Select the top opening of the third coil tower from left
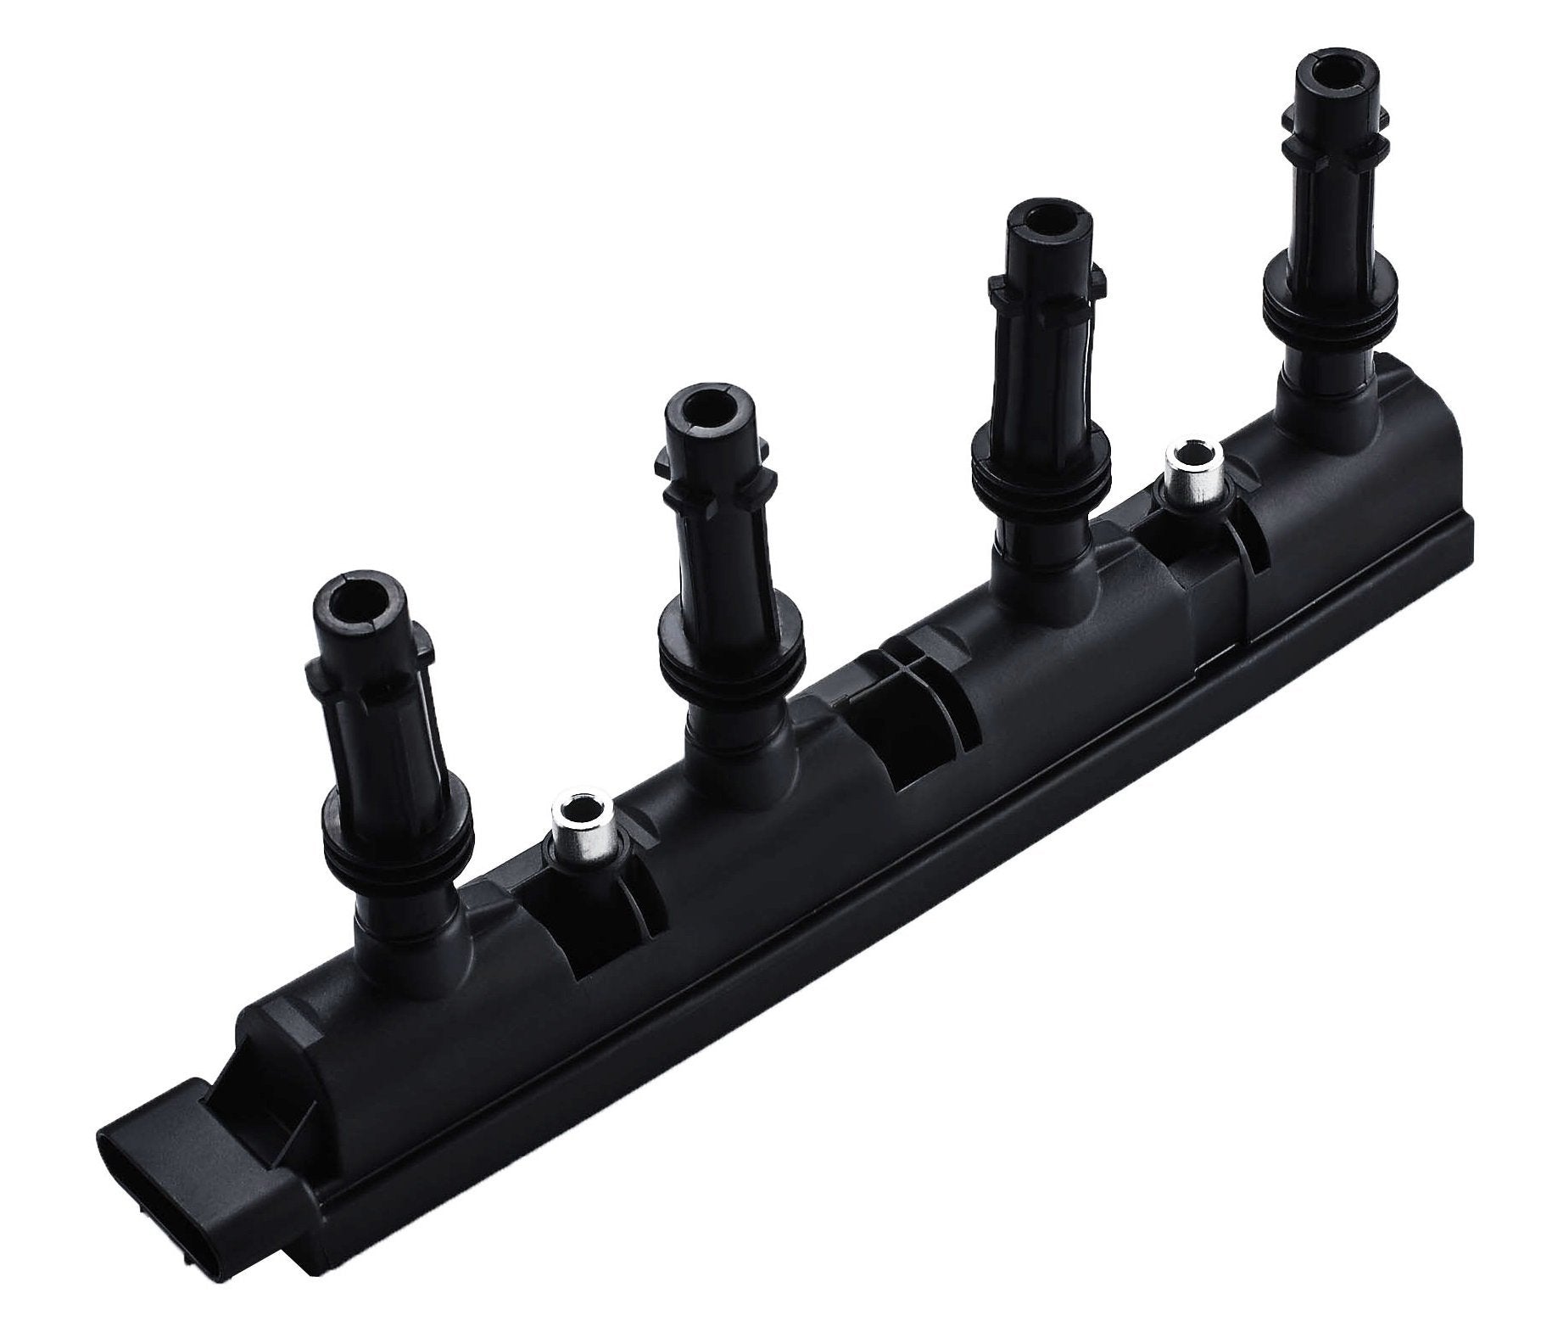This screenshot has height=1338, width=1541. pos(1038,224)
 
